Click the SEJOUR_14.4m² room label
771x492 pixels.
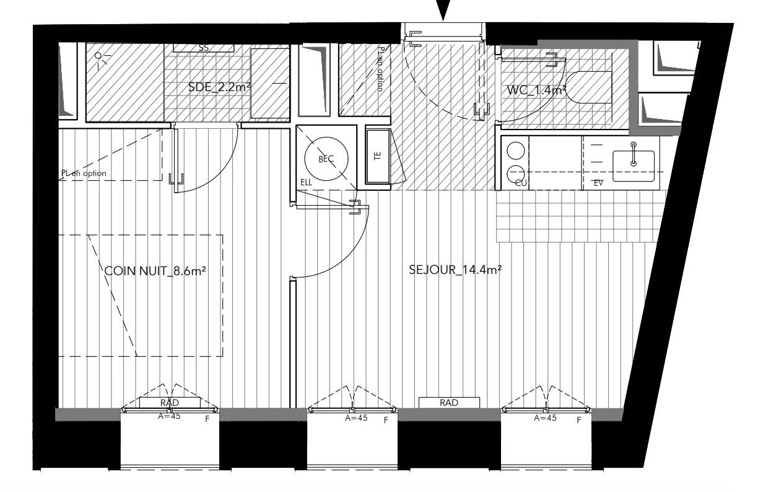click(x=455, y=270)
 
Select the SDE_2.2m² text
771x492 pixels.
click(x=219, y=87)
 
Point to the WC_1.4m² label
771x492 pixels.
click(x=537, y=90)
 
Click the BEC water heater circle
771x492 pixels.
click(x=326, y=159)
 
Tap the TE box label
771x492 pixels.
click(x=378, y=156)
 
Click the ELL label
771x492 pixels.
click(x=306, y=183)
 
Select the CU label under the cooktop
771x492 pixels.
click(x=520, y=183)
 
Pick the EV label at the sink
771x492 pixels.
click(x=598, y=183)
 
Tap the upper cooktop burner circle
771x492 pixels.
click(x=515, y=151)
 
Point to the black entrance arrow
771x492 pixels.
click(x=443, y=10)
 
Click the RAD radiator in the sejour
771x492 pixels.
click(x=449, y=403)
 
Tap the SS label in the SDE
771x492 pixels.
click(x=203, y=48)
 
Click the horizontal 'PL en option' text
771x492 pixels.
click(x=84, y=174)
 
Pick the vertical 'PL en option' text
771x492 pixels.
click(x=380, y=68)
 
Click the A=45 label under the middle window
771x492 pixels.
click(x=356, y=418)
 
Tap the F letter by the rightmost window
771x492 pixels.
click(x=579, y=421)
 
